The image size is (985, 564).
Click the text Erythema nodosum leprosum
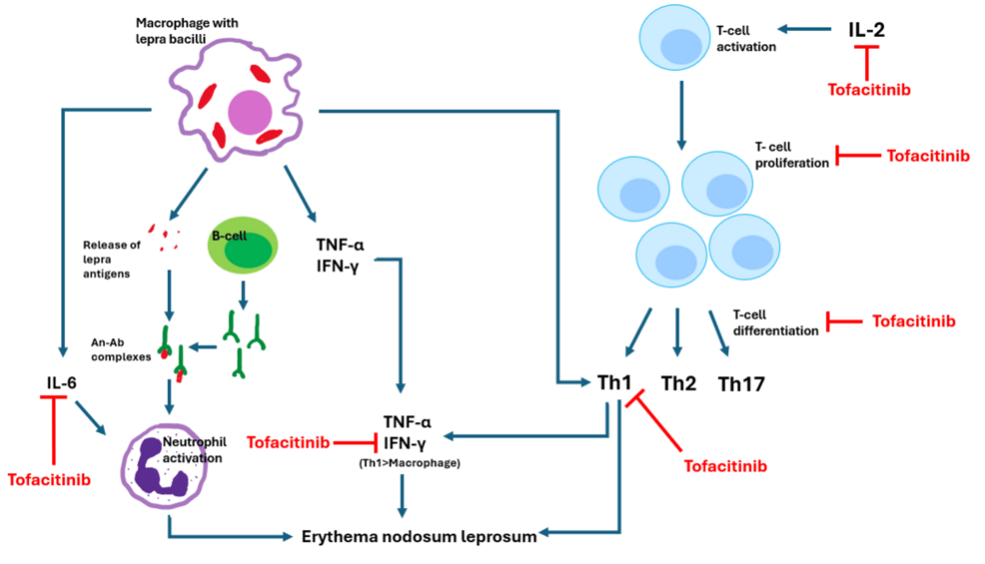point(420,536)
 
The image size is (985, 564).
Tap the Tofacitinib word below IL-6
point(49,478)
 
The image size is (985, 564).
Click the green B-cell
point(243,249)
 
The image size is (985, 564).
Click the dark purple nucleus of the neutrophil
point(159,468)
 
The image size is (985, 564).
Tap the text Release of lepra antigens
point(114,259)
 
